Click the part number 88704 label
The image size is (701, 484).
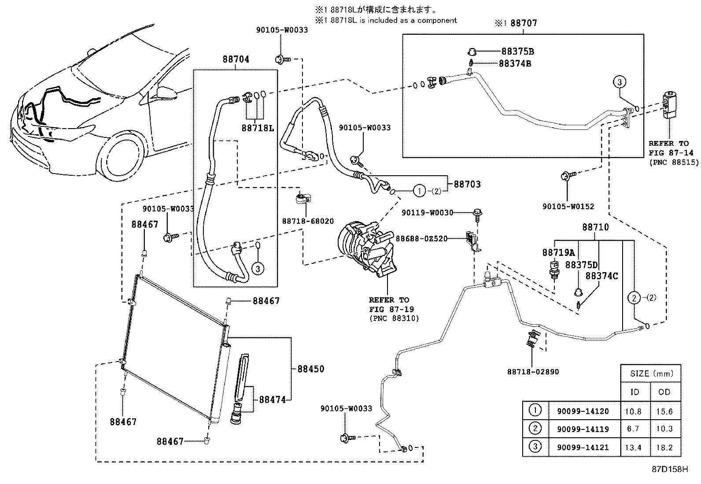coord(236,59)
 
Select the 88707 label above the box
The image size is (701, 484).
coord(524,23)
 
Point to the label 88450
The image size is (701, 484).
coord(310,369)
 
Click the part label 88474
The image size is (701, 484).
coord(272,399)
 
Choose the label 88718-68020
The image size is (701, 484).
coord(308,221)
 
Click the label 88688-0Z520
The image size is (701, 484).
coord(421,239)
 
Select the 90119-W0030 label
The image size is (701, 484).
coord(427,213)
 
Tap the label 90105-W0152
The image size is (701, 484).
coord(568,206)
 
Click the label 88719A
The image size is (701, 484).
coord(558,253)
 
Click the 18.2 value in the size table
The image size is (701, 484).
coord(664,447)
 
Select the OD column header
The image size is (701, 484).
coord(664,392)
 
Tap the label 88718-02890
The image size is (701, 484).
coord(533,372)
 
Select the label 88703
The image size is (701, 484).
coord(467,185)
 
